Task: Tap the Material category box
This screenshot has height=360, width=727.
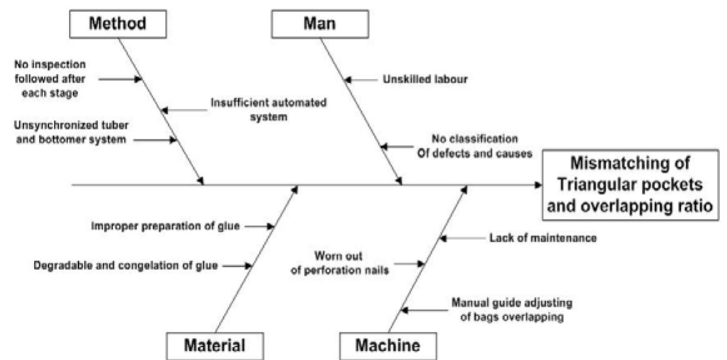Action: (x=214, y=345)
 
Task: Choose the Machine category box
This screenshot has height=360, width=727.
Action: (x=388, y=345)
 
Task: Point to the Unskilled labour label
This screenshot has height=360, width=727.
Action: (x=424, y=79)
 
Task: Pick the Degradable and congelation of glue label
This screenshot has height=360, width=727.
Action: (x=125, y=266)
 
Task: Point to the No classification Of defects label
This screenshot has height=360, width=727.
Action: (x=474, y=145)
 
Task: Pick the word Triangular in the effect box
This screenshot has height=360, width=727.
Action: (x=589, y=186)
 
